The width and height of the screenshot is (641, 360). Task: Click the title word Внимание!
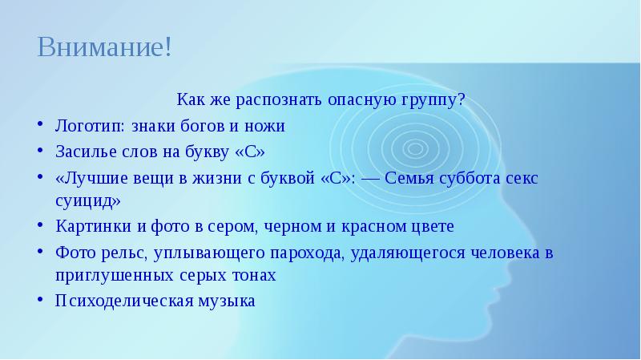point(105,47)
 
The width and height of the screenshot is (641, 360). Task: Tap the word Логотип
point(90,127)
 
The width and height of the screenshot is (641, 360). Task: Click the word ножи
point(264,126)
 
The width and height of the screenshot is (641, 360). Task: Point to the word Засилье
point(86,152)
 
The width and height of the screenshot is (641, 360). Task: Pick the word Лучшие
point(92,178)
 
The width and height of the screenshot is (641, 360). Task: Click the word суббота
point(470,178)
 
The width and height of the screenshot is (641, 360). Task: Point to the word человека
point(506,253)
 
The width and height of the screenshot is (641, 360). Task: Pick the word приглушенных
point(115,275)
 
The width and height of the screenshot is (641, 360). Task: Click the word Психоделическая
point(124,301)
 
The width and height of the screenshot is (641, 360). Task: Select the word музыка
point(227,301)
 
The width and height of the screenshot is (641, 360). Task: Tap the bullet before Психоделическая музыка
point(39,300)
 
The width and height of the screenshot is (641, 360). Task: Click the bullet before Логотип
point(39,124)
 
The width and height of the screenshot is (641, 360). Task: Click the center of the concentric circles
point(415,148)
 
